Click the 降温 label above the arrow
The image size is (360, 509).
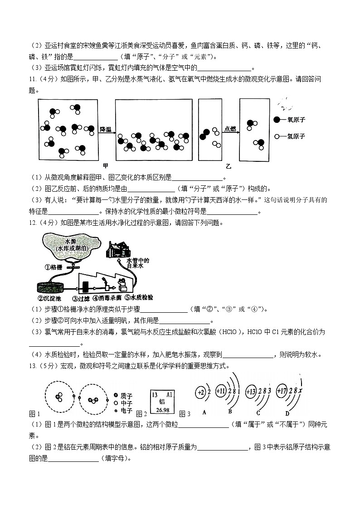(x=106, y=129)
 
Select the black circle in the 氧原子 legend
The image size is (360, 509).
(x=277, y=120)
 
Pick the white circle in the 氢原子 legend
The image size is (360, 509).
(x=277, y=136)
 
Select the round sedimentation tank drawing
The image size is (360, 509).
(x=50, y=287)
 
